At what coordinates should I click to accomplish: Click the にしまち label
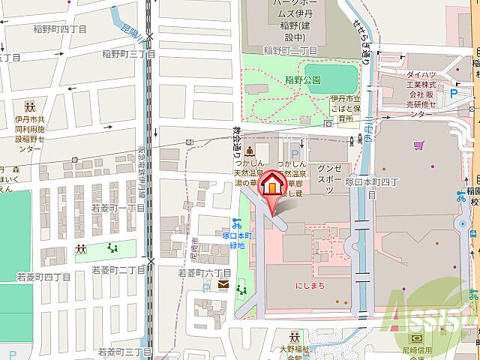310,285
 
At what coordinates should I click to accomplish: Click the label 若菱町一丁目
117,207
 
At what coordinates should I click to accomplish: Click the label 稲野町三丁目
130,54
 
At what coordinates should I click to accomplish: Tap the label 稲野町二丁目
290,50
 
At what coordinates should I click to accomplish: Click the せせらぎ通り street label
362,43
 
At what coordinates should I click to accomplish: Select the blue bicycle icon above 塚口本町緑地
236,223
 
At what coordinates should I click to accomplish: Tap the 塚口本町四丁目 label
370,182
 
